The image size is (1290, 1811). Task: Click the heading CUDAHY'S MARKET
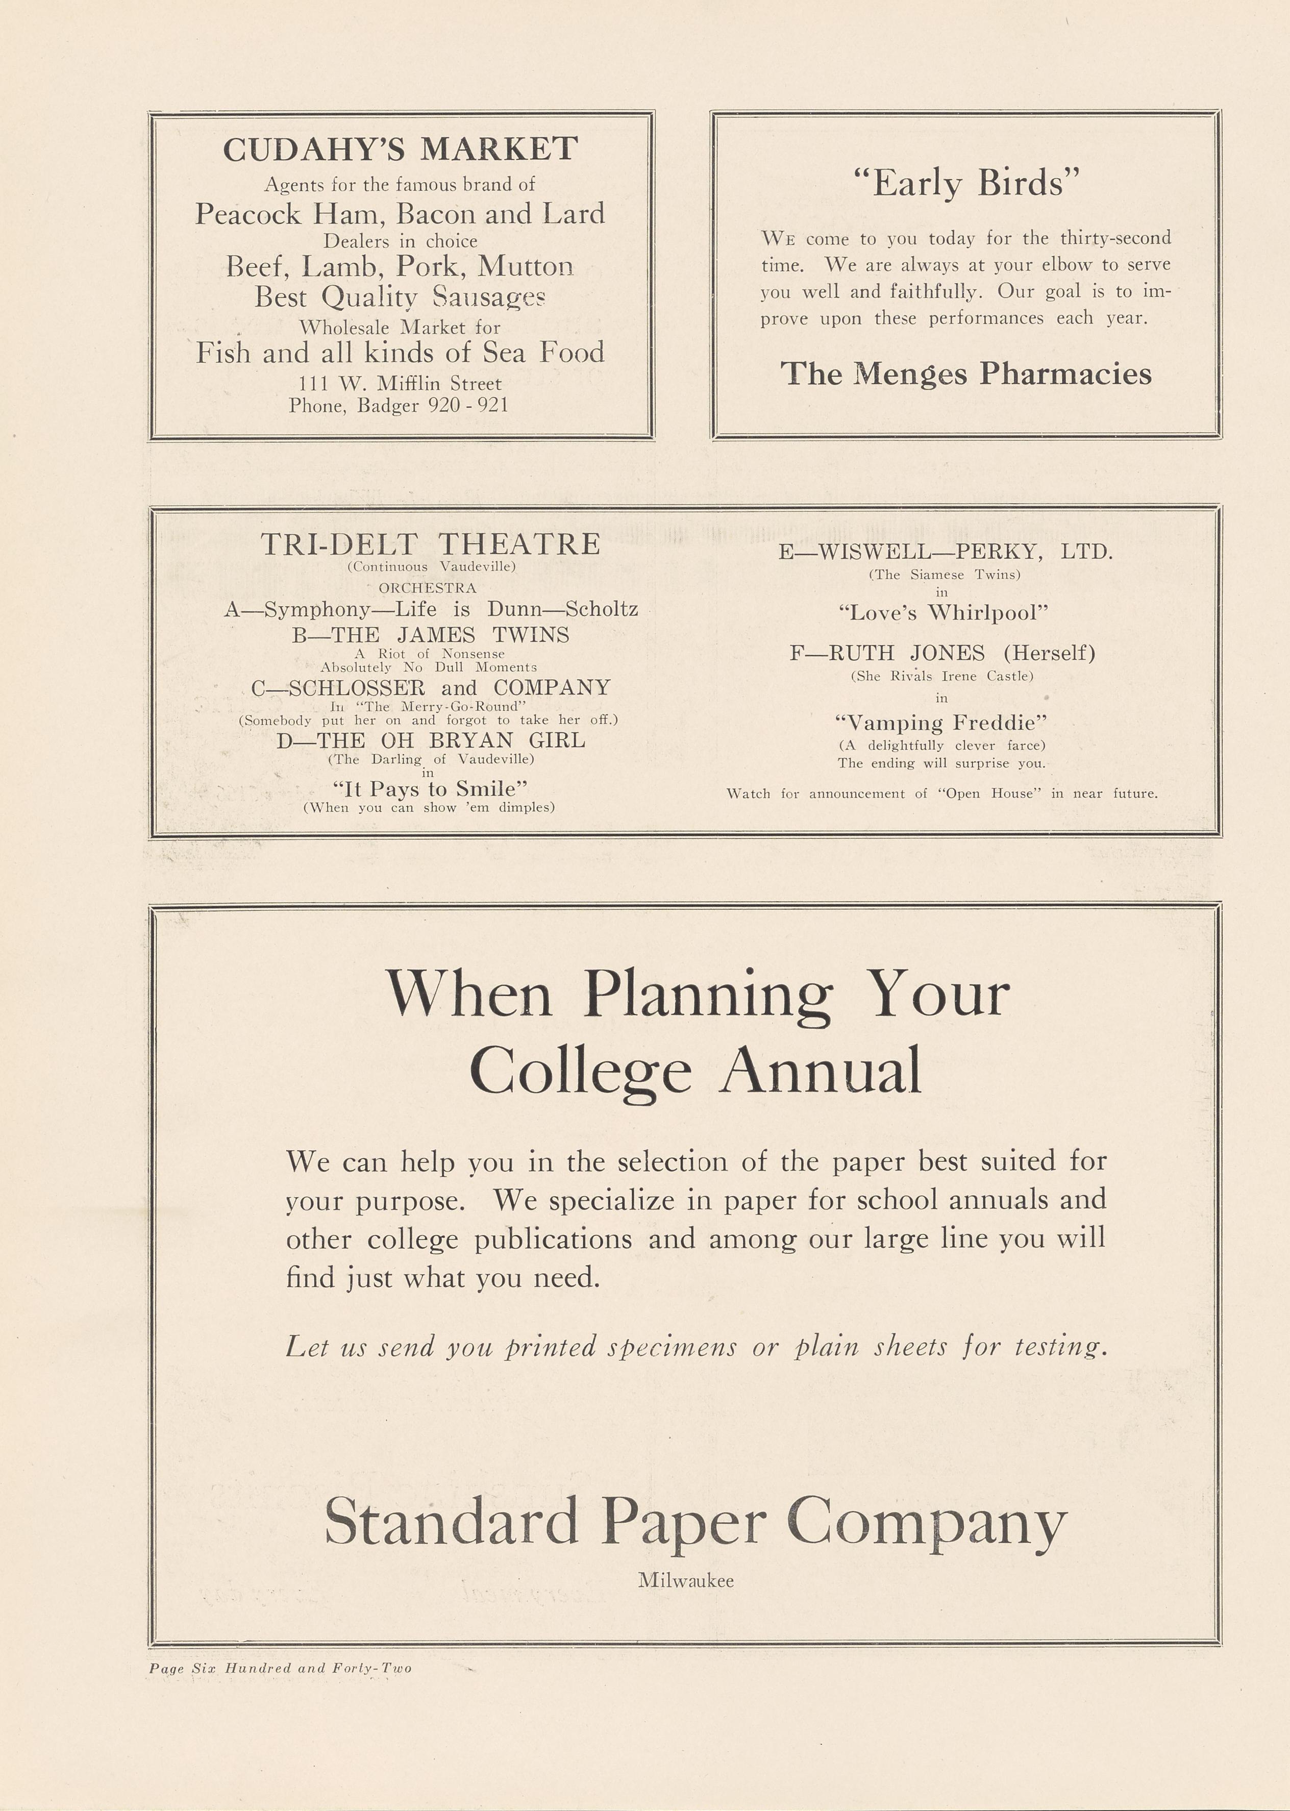pyautogui.click(x=401, y=150)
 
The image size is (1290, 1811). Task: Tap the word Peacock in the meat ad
pyautogui.click(x=249, y=214)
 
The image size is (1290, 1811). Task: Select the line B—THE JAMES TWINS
pyautogui.click(x=431, y=635)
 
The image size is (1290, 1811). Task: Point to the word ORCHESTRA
pyautogui.click(x=427, y=588)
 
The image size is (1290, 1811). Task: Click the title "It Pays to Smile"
pyautogui.click(x=430, y=789)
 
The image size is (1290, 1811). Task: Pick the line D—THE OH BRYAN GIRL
pyautogui.click(x=431, y=740)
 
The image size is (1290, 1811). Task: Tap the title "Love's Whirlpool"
pyautogui.click(x=944, y=612)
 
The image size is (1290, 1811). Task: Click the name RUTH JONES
pyautogui.click(x=906, y=653)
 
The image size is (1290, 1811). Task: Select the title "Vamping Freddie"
pyautogui.click(x=941, y=723)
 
